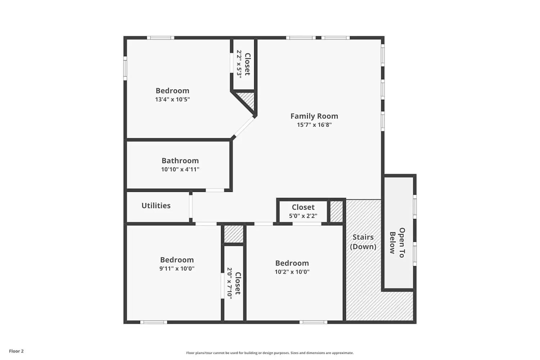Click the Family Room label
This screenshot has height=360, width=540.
point(314,116)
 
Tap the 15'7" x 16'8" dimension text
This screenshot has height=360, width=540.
point(314,125)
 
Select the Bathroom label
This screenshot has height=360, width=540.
point(180,161)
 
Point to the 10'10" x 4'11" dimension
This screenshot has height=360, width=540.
point(180,170)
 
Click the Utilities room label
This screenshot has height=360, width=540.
point(156,206)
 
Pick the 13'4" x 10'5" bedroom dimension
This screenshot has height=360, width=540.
point(172,99)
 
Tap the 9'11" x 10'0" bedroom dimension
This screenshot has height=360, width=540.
point(177,269)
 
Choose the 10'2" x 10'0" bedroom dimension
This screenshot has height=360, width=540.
point(292,272)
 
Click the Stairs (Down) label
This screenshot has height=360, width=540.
point(363,242)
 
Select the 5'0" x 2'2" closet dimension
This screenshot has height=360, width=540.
point(303,216)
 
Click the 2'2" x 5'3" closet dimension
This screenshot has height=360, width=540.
point(239,64)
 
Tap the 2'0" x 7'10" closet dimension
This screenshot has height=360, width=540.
point(229,283)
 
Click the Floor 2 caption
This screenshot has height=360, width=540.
point(16,351)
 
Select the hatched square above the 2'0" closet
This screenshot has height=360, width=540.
point(234,234)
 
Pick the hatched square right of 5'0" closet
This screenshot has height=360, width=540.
point(336,211)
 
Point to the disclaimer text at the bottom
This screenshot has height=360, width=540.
point(270,353)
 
